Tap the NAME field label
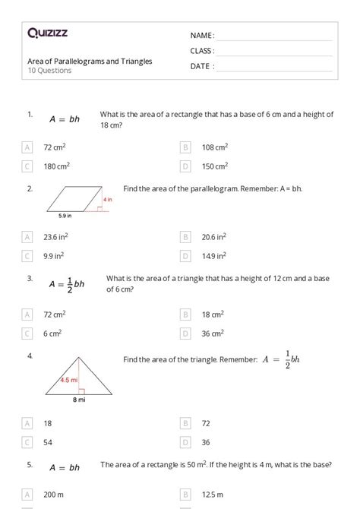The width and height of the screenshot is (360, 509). pyautogui.click(x=202, y=36)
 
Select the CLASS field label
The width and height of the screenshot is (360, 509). pyautogui.click(x=202, y=51)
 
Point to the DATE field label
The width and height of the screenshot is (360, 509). pyautogui.click(x=202, y=66)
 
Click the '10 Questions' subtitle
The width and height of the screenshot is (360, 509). pyautogui.click(x=49, y=71)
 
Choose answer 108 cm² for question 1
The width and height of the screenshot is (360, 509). pyautogui.click(x=214, y=147)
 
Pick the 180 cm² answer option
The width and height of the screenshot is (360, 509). pyautogui.click(x=56, y=166)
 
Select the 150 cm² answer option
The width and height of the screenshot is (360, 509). pyautogui.click(x=214, y=166)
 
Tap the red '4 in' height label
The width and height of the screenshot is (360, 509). pyautogui.click(x=108, y=199)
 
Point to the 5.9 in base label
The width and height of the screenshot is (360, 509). pyautogui.click(x=64, y=216)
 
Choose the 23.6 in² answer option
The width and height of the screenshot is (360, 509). pyautogui.click(x=56, y=237)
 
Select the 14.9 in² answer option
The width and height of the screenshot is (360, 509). pyautogui.click(x=213, y=255)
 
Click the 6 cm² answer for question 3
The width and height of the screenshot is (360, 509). pyautogui.click(x=52, y=333)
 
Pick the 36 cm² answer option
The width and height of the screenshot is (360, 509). pyautogui.click(x=212, y=333)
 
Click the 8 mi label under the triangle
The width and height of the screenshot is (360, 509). pyautogui.click(x=79, y=400)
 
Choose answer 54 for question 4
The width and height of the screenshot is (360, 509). pyautogui.click(x=48, y=441)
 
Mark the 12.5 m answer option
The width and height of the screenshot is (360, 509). pyautogui.click(x=211, y=495)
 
